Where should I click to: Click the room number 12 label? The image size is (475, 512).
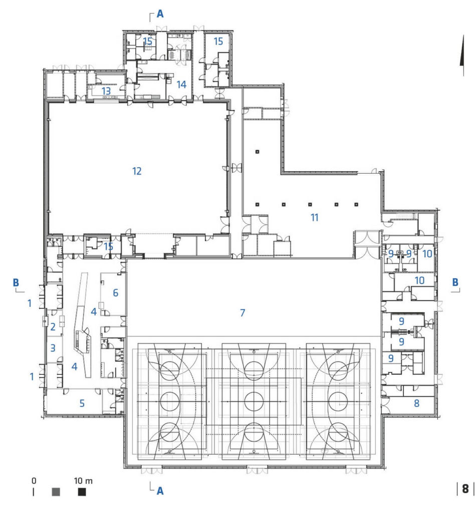click(x=137, y=171)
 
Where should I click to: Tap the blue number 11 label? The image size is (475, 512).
click(x=314, y=218)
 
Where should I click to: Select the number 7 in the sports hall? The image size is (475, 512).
click(x=242, y=313)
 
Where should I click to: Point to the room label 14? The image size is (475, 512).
click(x=181, y=85)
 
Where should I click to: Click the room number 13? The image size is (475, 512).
click(x=106, y=91)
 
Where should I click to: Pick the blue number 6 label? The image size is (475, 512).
click(x=115, y=293)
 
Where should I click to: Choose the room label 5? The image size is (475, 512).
click(x=82, y=403)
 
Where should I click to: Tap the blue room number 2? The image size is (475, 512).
click(x=53, y=326)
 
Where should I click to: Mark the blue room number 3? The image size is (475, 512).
click(x=53, y=348)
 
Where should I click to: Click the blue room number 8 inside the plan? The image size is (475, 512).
click(x=416, y=403)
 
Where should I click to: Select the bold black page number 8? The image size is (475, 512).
click(x=465, y=489)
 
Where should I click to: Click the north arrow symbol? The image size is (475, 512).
click(x=462, y=56)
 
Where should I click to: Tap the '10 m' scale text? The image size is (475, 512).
click(x=83, y=480)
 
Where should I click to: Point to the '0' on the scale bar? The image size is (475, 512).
click(x=34, y=480)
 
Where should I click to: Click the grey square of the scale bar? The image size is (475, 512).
click(x=56, y=492)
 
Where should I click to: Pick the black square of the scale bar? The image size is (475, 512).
click(x=82, y=492)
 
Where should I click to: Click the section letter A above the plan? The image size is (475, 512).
click(x=160, y=14)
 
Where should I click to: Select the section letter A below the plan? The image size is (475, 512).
click(x=160, y=491)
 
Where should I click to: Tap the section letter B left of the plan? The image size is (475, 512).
click(x=16, y=282)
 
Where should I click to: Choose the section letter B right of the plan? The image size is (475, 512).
click(x=455, y=282)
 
